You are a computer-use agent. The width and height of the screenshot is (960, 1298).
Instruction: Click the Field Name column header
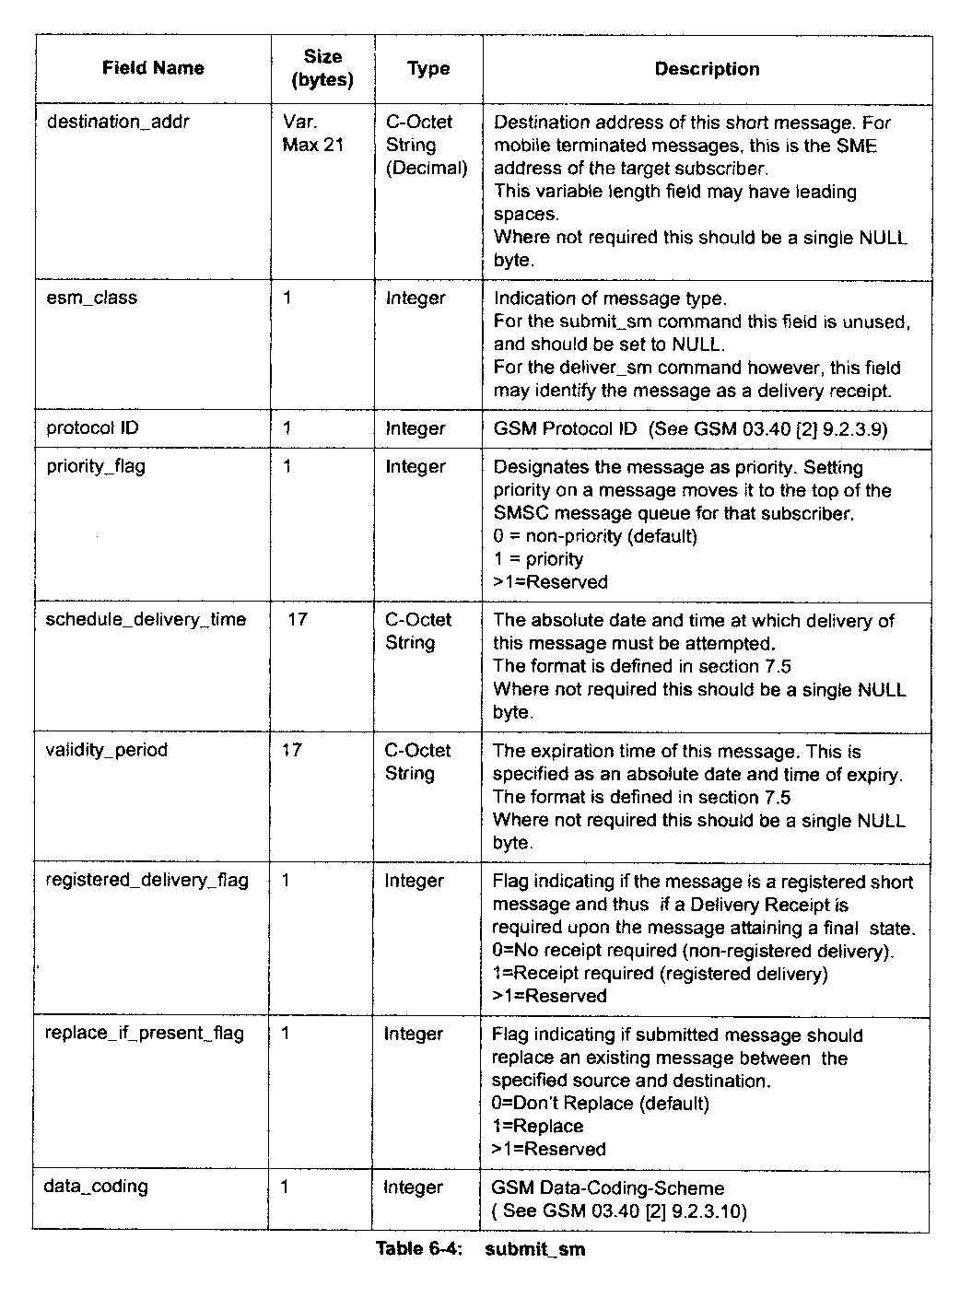(153, 68)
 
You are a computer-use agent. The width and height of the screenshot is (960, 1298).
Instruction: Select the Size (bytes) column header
(322, 69)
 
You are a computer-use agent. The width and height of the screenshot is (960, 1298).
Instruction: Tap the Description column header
(707, 69)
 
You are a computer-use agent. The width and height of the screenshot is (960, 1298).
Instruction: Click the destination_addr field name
(118, 122)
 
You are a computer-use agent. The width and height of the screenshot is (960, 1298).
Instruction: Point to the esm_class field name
(91, 298)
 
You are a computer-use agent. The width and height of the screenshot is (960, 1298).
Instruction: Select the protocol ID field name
(93, 428)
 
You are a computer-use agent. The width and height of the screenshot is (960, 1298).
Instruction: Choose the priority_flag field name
(96, 466)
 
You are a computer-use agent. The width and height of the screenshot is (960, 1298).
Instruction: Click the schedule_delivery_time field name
(146, 619)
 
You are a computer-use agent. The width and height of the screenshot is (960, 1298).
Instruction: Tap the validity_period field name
(107, 750)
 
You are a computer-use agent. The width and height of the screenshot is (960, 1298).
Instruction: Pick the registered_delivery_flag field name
(146, 880)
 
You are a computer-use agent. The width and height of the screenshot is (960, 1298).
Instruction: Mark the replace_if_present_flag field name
(145, 1033)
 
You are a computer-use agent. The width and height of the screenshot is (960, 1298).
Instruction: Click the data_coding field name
(96, 1187)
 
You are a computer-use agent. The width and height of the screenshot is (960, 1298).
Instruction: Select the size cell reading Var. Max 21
(312, 134)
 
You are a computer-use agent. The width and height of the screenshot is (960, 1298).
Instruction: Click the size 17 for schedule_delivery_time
(298, 619)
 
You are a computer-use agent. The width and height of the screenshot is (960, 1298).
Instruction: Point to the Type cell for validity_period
(417, 762)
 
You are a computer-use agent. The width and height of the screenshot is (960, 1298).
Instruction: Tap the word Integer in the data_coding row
(414, 1187)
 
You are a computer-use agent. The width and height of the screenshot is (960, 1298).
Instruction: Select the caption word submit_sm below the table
(534, 1250)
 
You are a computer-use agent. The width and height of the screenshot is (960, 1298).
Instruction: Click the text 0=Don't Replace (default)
(600, 1104)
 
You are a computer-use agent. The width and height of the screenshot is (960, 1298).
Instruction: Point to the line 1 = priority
(538, 559)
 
